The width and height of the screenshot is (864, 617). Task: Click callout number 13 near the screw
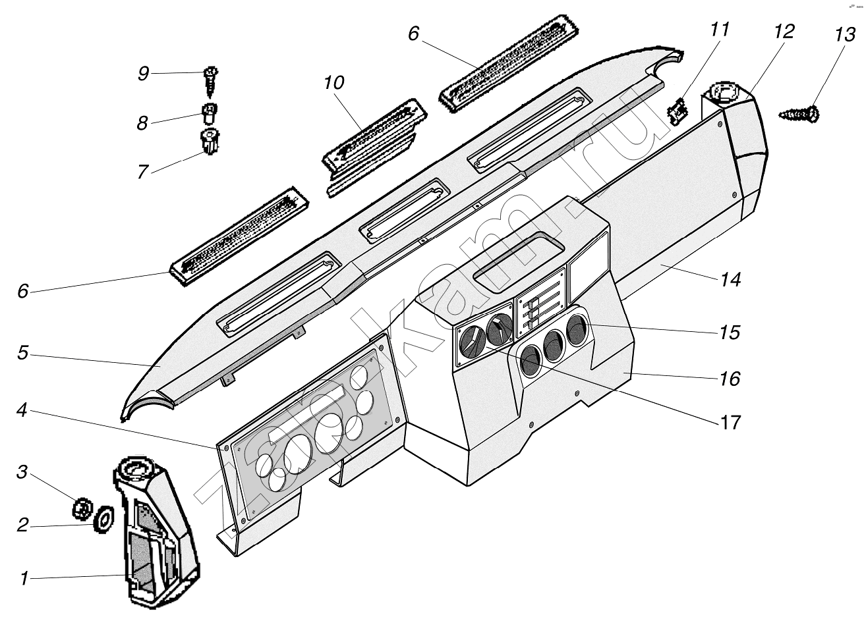pyautogui.click(x=845, y=35)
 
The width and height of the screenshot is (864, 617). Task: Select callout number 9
pyautogui.click(x=143, y=73)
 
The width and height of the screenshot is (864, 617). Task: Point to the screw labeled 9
pyautogui.click(x=211, y=82)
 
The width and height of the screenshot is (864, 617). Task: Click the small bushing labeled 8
pyautogui.click(x=210, y=114)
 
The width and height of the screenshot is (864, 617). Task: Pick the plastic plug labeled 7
pyautogui.click(x=210, y=142)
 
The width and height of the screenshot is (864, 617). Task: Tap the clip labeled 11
pyautogui.click(x=677, y=111)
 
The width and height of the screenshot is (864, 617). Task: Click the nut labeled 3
pyautogui.click(x=82, y=509)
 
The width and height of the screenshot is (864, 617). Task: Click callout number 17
pyautogui.click(x=730, y=422)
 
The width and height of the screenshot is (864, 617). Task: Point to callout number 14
pyautogui.click(x=730, y=279)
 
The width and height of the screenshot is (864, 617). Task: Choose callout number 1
pyautogui.click(x=24, y=578)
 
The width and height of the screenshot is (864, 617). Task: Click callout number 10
pyautogui.click(x=334, y=83)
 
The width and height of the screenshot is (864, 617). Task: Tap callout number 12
pyautogui.click(x=784, y=32)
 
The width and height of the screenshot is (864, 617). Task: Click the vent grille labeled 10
pyautogui.click(x=374, y=148)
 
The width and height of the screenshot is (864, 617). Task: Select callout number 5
pyautogui.click(x=23, y=353)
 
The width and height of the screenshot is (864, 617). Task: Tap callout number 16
pyautogui.click(x=730, y=379)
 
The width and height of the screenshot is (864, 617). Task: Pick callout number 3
pyautogui.click(x=22, y=471)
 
